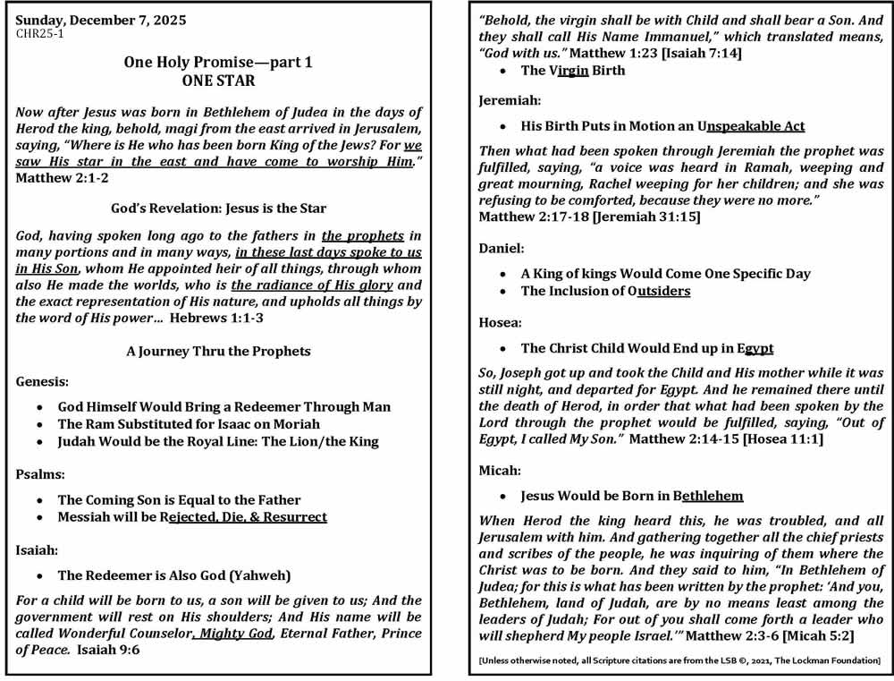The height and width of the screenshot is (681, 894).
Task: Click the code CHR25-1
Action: pyautogui.click(x=40, y=34)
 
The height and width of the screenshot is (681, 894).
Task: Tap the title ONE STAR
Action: pyautogui.click(x=218, y=81)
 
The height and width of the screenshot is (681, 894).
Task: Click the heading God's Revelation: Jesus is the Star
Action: pyautogui.click(x=218, y=208)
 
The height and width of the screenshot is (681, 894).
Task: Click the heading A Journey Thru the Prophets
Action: pyautogui.click(x=218, y=351)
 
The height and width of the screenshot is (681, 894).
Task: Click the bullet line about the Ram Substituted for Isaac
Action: pyautogui.click(x=189, y=423)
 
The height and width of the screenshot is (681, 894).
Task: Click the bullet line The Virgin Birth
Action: pyautogui.click(x=573, y=71)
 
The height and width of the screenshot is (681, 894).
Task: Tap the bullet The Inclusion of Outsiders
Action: pyautogui.click(x=605, y=291)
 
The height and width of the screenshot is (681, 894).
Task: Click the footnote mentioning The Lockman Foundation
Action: pyautogui.click(x=679, y=660)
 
